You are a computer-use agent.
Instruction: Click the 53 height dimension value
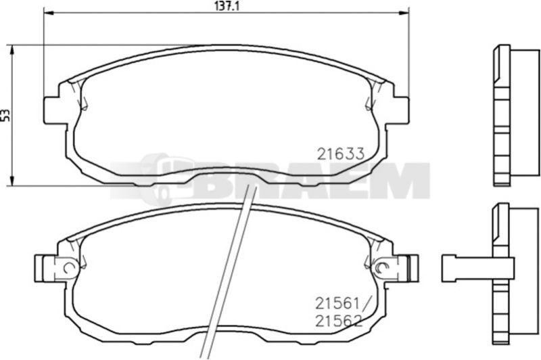tap(6, 115)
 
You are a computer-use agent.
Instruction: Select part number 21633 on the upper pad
tap(341, 154)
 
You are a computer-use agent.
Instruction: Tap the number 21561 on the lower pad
tap(337, 304)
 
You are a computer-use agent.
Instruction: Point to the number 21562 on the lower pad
tap(339, 321)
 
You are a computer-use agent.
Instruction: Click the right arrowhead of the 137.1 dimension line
tap(404, 13)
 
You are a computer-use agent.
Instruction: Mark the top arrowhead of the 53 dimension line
tap(12, 50)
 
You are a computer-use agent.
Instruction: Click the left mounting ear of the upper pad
tap(52, 110)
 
